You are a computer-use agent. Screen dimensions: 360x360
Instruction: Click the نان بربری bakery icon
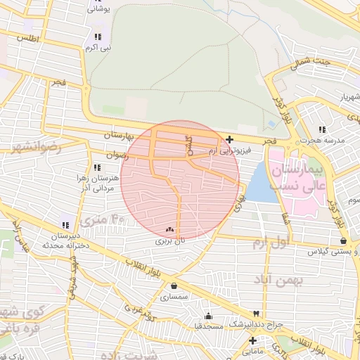(169, 229)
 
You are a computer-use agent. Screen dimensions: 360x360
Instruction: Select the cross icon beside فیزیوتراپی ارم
(230, 139)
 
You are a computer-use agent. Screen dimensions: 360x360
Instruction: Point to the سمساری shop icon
(174, 286)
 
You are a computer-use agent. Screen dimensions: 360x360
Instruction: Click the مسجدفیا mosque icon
(208, 316)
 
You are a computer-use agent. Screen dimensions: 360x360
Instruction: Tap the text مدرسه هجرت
(323, 141)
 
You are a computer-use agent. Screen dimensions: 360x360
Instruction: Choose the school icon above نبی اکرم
(98, 37)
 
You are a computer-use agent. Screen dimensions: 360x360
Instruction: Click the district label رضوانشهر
(35, 148)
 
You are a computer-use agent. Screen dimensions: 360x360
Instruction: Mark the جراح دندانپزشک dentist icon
(256, 313)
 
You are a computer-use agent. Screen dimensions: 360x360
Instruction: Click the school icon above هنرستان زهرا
(97, 167)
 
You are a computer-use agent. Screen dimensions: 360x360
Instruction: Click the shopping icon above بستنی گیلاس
(343, 240)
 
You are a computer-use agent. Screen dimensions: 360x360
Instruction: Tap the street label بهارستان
(103, 134)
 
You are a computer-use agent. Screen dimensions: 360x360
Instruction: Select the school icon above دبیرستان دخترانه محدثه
(65, 225)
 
